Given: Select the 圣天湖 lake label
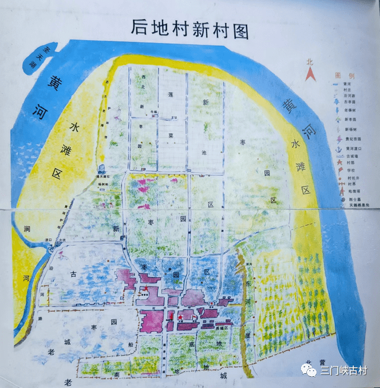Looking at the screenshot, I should click(37, 57).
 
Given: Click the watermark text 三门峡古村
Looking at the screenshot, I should click(344, 371).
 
